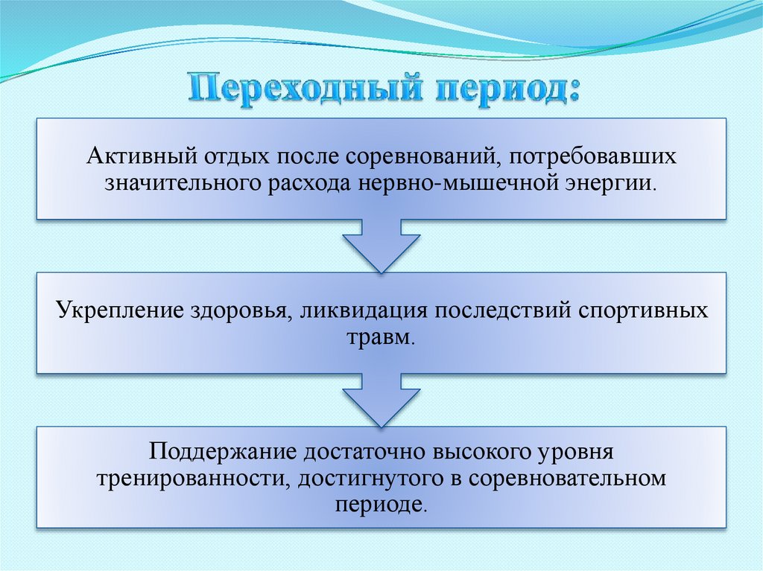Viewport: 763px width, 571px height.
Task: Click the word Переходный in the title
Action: coord(296,89)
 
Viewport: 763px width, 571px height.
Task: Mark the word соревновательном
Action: coord(567,477)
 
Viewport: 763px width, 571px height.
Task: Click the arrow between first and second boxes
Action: coord(381,246)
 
